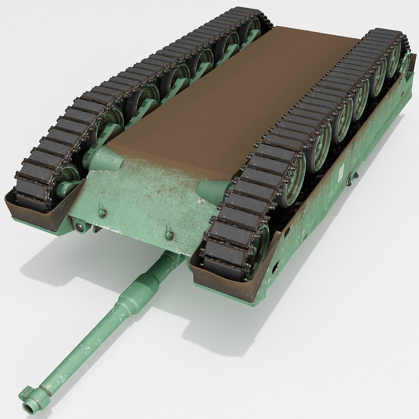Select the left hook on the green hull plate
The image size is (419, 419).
pos(101,211)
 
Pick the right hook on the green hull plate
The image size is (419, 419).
pos(169,233)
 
